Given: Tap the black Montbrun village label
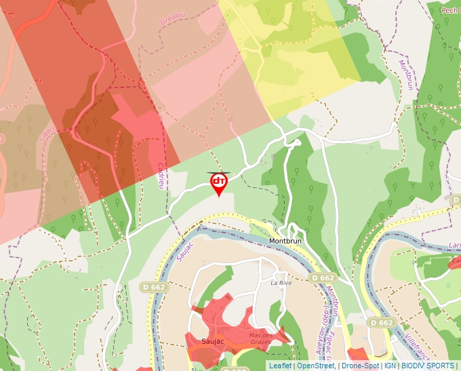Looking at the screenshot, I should click(285, 241).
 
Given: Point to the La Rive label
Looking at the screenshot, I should click(281, 282).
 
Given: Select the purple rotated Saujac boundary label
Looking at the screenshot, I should click(184, 249).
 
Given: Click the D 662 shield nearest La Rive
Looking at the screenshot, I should click(323, 278).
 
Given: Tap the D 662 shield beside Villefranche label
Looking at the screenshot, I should click(382, 323).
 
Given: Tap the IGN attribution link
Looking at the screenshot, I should click(390, 366).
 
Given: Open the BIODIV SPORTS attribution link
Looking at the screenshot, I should click(427, 366).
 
